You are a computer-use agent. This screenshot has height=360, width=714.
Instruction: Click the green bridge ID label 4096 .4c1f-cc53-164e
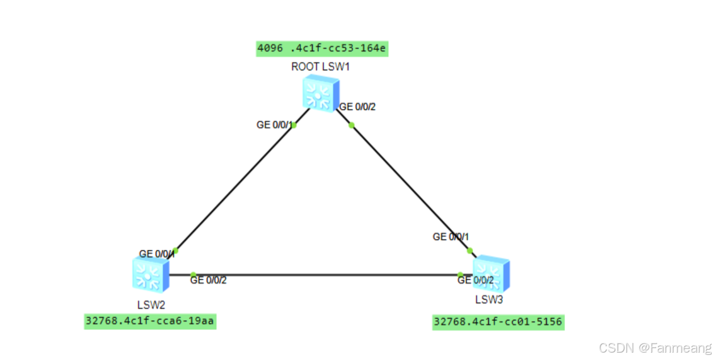(x=322, y=48)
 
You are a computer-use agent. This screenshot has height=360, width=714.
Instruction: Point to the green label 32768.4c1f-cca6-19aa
(x=150, y=321)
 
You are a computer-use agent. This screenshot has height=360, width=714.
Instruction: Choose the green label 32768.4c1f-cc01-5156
(x=498, y=322)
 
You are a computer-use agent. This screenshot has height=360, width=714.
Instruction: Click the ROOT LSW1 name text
(x=320, y=67)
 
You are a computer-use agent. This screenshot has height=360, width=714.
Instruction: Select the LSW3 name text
(x=489, y=299)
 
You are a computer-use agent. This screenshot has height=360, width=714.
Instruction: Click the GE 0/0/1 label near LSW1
(x=275, y=125)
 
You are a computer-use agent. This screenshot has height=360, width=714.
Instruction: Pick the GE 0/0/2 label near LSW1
(x=358, y=107)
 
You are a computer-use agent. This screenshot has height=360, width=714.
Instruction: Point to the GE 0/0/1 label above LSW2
(x=156, y=254)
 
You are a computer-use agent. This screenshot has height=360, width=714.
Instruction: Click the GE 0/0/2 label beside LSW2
(x=209, y=280)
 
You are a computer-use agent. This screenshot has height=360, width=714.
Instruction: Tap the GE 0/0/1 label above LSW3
(x=451, y=237)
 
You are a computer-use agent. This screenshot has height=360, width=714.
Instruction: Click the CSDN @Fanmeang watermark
(x=655, y=348)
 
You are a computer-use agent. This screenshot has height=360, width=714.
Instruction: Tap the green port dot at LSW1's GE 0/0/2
(x=351, y=125)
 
